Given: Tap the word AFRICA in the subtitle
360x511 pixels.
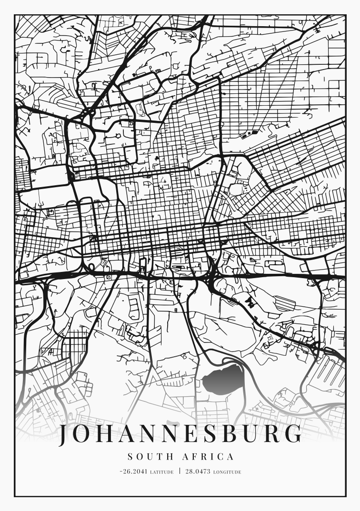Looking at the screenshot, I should click(209, 457).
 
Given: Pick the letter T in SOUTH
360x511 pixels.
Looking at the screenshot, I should click(157, 457).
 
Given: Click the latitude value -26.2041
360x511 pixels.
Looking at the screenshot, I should click(134, 472).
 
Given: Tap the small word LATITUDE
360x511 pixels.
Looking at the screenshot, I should click(161, 472).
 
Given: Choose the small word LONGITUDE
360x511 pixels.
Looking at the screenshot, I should click(227, 472).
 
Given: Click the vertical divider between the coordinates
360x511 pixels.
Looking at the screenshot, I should click(180, 471).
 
